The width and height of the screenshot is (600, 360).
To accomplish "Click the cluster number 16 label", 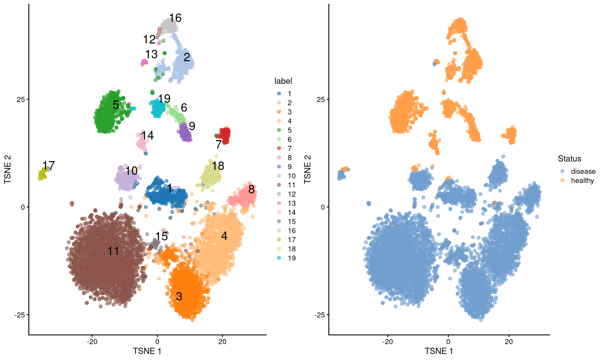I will (175, 18).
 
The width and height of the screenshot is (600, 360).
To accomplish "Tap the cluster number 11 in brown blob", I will (113, 251).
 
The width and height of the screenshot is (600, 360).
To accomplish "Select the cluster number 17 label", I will (48, 165).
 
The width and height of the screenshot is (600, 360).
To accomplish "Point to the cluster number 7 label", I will (218, 144).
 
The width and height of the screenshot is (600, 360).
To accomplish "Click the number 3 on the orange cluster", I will (179, 296).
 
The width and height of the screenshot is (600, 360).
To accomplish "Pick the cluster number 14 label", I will (147, 135).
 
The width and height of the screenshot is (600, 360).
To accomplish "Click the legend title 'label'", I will (283, 81).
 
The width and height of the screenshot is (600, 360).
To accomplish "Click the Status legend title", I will (569, 159).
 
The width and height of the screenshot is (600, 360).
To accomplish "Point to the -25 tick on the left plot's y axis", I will (19, 315).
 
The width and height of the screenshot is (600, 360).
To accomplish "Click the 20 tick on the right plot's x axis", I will (508, 342).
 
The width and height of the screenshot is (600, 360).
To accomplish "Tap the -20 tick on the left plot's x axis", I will (92, 342).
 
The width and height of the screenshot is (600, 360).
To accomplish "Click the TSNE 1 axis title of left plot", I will (147, 351).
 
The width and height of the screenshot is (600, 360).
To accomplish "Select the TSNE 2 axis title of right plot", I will (307, 169).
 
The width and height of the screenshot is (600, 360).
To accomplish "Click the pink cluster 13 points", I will (144, 62).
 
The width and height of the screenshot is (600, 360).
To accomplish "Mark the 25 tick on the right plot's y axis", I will (321, 99).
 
